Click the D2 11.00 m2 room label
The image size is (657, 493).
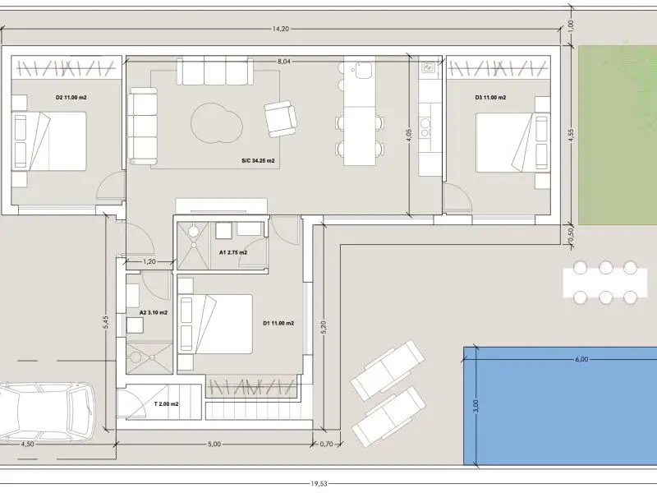coord(71,97)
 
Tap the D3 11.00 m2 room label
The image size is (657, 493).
coord(490,97)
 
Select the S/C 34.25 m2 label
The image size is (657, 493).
coord(258,160)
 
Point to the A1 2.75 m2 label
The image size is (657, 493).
coord(233,252)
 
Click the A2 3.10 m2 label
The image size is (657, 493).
coord(154,312)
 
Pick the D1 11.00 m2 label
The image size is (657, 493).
coord(278,323)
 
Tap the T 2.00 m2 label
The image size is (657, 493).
coord(167,404)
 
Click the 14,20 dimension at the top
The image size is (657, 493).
coord(280,29)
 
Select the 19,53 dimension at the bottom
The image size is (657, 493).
coord(319,484)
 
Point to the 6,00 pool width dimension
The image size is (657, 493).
coord(581,359)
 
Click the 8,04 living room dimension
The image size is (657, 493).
coord(283,62)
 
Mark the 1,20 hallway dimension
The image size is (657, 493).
coord(149,261)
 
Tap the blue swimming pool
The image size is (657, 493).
coord(560,406)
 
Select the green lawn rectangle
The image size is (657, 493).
coord(618,135)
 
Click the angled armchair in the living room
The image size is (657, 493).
coord(280,118)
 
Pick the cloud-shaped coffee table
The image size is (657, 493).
coord(217,123)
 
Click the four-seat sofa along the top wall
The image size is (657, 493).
coord(215,71)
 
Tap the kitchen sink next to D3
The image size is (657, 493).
coord(429,67)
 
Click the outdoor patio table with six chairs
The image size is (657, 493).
coord(605,283)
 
